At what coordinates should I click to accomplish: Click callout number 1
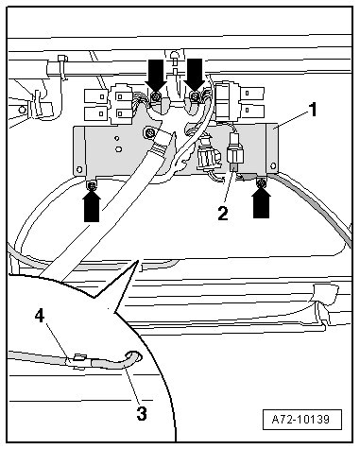(313, 110)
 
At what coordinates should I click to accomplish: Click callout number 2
(222, 214)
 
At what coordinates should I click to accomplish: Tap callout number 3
(142, 413)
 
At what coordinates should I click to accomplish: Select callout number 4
(40, 316)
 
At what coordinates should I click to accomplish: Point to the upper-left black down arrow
(156, 75)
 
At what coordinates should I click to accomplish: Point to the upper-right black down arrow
(195, 75)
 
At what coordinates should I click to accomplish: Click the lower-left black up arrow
(92, 206)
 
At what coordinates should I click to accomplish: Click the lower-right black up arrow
(261, 203)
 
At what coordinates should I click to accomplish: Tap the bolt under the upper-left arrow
(155, 97)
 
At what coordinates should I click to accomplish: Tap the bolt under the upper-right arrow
(195, 96)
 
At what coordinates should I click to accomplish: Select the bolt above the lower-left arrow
(92, 186)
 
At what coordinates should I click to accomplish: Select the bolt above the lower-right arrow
(261, 183)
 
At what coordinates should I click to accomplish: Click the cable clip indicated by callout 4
(79, 361)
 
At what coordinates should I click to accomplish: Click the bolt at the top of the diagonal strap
(148, 132)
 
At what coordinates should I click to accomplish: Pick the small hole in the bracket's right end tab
(273, 165)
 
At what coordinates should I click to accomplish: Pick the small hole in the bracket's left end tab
(79, 169)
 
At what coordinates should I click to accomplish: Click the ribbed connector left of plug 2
(205, 155)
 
